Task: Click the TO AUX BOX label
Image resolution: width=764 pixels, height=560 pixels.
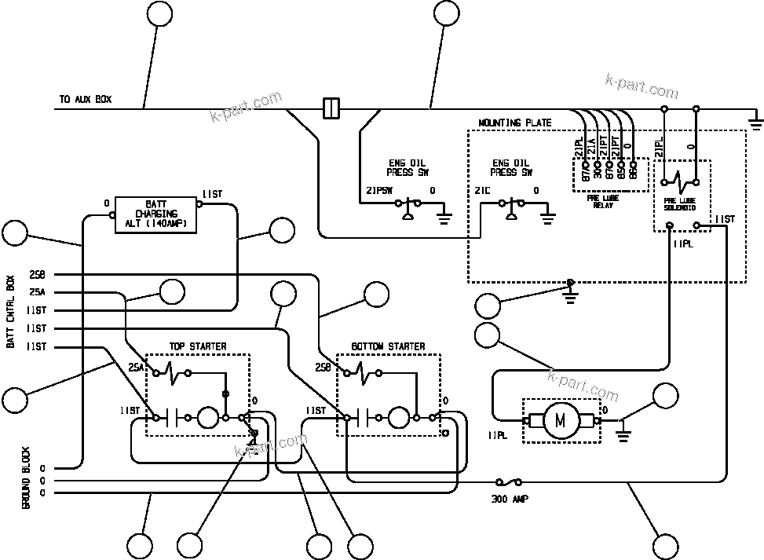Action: (x=86, y=100)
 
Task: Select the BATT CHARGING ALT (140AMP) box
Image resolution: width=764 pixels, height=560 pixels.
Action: (x=156, y=214)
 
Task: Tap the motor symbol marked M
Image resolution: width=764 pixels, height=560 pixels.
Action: (x=560, y=421)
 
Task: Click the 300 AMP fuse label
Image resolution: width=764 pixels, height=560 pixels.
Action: (x=510, y=498)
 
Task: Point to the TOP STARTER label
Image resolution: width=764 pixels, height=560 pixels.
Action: (x=198, y=346)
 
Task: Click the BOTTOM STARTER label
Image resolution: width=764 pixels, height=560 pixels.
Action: (x=388, y=346)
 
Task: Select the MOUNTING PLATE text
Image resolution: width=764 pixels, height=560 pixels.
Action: (x=515, y=123)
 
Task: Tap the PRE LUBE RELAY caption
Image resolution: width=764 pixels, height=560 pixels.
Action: (x=603, y=201)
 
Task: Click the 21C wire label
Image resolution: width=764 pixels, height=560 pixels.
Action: (x=482, y=191)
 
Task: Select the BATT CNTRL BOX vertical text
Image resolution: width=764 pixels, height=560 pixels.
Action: (x=10, y=313)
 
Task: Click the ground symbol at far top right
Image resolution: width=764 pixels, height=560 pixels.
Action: (x=755, y=120)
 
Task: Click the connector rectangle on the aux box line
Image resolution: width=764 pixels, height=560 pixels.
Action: (x=331, y=108)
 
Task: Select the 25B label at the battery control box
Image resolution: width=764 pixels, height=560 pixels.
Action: (x=37, y=275)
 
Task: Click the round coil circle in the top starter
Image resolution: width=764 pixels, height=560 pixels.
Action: (x=207, y=418)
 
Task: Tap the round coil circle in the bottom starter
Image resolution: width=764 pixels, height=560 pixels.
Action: (x=399, y=418)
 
